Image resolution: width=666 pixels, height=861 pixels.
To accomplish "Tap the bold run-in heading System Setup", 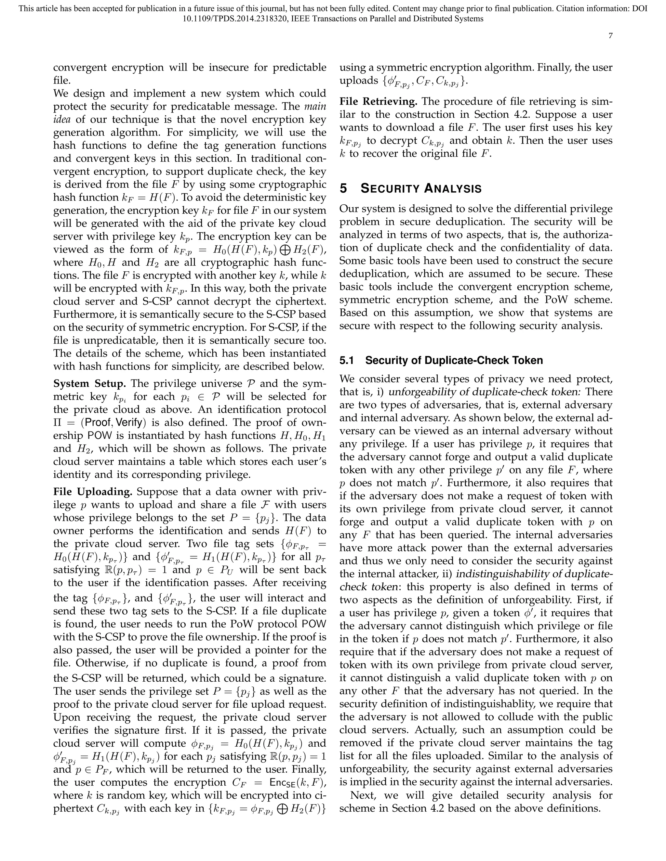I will pyautogui.click(x=89, y=384).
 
